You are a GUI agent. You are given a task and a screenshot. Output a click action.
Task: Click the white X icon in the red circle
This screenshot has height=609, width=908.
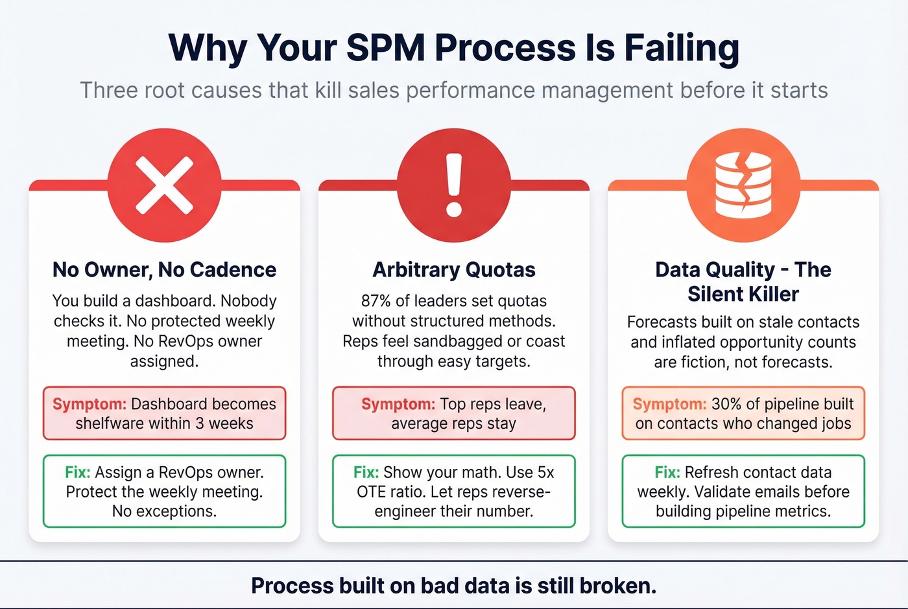(164, 185)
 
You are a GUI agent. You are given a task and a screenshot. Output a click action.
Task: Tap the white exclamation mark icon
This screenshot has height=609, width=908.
(454, 185)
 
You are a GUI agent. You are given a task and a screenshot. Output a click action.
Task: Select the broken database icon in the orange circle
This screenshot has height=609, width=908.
(743, 185)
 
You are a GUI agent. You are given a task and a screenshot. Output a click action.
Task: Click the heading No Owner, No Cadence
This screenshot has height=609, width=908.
(164, 270)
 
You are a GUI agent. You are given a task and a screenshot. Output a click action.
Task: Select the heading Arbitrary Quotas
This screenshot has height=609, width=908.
(454, 270)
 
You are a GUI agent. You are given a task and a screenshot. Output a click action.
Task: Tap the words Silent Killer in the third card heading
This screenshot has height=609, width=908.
(743, 294)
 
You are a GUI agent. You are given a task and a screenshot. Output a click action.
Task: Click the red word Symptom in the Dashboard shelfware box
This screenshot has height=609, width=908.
(90, 404)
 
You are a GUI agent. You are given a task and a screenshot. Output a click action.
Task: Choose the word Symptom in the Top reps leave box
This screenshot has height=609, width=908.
(398, 404)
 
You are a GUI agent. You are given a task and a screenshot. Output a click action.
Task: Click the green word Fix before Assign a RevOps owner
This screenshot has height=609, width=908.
(77, 472)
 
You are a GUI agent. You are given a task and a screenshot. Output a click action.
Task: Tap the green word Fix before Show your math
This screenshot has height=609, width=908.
(366, 472)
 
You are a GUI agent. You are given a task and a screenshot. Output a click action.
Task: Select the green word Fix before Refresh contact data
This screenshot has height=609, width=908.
(667, 472)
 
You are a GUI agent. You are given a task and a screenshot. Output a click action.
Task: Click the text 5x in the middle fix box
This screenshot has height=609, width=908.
(546, 472)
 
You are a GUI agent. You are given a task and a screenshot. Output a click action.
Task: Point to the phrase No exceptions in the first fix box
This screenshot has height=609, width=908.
(164, 511)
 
